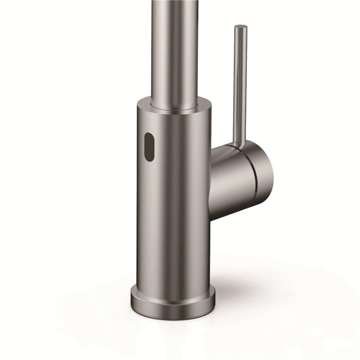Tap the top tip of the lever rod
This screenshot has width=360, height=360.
click(240, 27)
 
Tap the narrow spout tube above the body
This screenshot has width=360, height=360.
click(175, 49)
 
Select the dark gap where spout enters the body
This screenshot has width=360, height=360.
click(175, 107)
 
